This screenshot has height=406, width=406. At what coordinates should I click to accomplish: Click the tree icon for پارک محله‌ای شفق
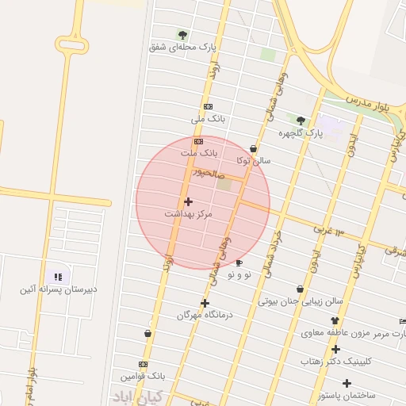[x=183, y=35]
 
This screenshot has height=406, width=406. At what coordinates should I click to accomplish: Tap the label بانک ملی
[x=209, y=119]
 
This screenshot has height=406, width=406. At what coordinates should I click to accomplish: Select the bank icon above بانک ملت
[x=198, y=141]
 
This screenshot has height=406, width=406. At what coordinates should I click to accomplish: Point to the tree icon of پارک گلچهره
[x=301, y=121]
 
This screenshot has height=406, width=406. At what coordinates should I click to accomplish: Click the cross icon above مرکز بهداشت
[x=188, y=201]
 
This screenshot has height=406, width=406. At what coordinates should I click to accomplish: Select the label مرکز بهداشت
[x=189, y=214]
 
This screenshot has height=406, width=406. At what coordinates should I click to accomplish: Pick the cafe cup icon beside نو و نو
[x=239, y=262]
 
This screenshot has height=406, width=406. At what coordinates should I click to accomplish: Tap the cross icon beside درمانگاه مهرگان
[x=205, y=303]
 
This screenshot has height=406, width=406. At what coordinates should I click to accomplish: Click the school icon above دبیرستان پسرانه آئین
[x=57, y=277]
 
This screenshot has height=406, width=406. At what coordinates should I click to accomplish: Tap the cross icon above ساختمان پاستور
[x=347, y=383]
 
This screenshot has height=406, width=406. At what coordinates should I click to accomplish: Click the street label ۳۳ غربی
[x=325, y=229]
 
